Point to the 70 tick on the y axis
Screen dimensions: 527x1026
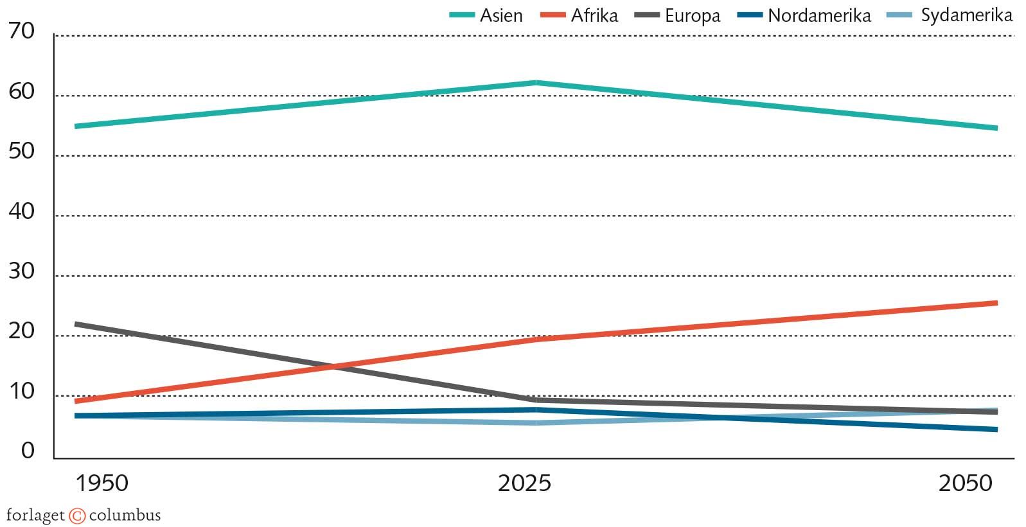22,31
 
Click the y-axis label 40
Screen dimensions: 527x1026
22,211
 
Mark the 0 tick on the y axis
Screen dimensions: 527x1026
28,451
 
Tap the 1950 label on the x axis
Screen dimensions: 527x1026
102,483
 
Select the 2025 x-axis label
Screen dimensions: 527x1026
524,483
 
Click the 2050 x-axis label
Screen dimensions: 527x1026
965,483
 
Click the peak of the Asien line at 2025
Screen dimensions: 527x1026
536,83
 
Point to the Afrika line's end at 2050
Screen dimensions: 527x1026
996,303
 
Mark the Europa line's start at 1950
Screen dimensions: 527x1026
76,324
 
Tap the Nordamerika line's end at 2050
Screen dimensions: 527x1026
996,429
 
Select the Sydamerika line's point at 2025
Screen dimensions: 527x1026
536,423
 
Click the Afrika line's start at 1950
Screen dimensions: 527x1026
76,401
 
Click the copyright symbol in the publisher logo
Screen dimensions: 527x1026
77,515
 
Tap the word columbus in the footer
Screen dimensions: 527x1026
125,515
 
